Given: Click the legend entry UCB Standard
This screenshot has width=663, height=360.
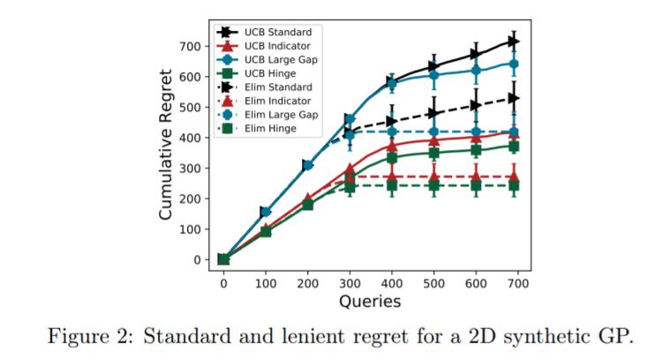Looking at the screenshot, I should (x=274, y=32).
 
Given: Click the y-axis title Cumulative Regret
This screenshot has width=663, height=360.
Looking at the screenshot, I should (x=165, y=146).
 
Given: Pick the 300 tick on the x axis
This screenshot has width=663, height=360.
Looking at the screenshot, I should (x=350, y=282).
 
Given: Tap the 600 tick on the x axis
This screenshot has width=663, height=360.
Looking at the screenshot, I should (x=477, y=282).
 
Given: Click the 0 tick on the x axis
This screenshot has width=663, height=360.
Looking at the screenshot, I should (x=223, y=282).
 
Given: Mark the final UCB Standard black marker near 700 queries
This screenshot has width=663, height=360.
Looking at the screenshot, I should (x=513, y=41).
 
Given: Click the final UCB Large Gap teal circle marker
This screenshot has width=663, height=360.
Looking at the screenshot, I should (x=513, y=64).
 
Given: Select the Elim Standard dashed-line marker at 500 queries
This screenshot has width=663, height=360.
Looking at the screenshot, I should (x=433, y=113).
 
